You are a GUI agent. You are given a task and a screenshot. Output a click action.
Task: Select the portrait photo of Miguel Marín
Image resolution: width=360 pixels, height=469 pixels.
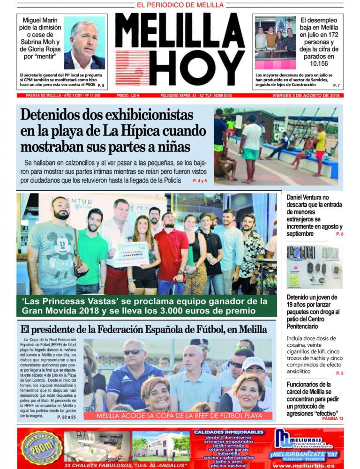pos(84,43)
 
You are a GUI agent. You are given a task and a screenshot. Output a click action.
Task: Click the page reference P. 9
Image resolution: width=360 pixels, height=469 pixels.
pos(100,86)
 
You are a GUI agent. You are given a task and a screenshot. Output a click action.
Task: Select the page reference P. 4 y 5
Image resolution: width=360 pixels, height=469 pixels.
pos(199,180)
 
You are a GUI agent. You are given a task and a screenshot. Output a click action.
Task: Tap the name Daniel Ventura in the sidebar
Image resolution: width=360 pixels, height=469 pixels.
pos(306,198)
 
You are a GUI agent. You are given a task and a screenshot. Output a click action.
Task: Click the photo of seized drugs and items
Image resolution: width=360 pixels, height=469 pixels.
pos(314,267)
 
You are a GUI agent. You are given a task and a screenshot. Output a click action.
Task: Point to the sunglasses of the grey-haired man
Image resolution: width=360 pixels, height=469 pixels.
pos(134,352)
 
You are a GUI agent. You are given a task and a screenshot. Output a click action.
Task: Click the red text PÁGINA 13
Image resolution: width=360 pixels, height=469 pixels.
pos(333,418)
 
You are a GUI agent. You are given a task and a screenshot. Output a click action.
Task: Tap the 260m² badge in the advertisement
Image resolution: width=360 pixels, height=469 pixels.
pos(41,447)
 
